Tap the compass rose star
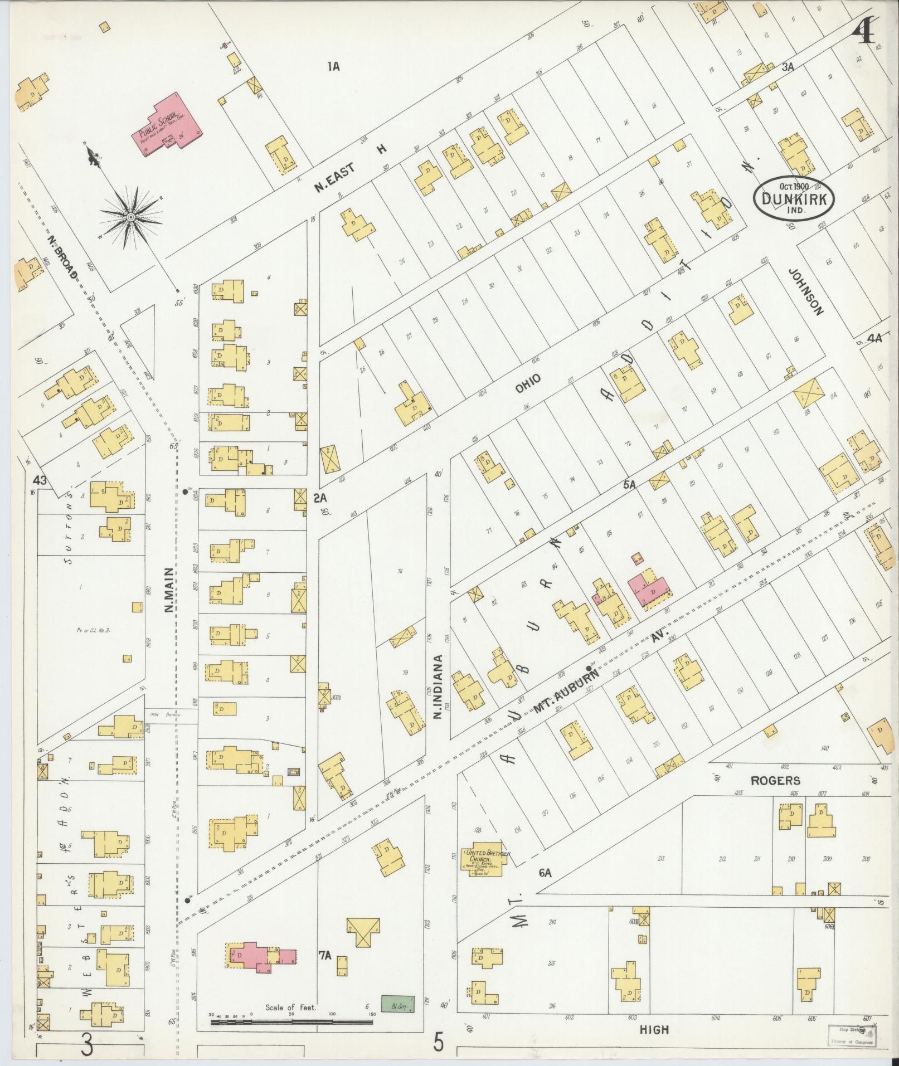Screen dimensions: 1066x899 tap(130, 217)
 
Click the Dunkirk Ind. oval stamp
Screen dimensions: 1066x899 tap(793, 198)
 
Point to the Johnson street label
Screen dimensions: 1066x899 tap(805, 291)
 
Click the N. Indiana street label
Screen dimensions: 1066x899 tap(438, 687)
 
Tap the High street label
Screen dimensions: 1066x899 tap(654, 1030)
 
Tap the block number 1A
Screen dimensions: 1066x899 tap(333, 67)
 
